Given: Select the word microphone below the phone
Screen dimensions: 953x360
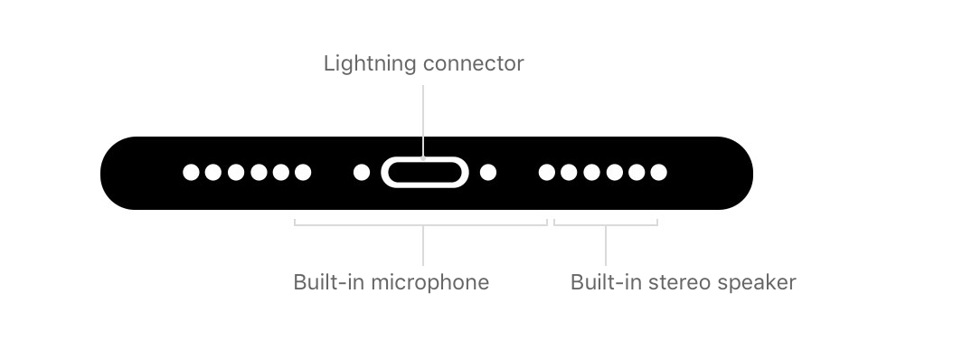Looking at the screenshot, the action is tap(429, 283).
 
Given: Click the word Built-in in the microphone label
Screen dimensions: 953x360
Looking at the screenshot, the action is tap(329, 282).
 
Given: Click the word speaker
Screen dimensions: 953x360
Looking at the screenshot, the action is tap(757, 283).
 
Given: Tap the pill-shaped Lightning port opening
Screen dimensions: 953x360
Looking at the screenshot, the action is tap(425, 173).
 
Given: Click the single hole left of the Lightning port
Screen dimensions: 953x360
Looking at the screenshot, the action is tap(362, 173).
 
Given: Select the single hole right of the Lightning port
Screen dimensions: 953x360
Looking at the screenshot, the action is tap(488, 173).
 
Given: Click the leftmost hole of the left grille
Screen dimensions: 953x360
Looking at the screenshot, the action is tap(191, 173).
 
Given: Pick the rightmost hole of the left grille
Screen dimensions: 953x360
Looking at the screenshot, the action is tap(303, 173).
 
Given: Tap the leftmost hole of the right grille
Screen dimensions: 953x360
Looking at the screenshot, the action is tap(546, 173).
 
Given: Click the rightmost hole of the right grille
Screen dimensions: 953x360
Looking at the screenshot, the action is tap(659, 173).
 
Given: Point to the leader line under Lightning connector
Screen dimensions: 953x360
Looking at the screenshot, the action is tap(423, 121).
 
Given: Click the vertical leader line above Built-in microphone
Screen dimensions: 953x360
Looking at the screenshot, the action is tap(423, 245).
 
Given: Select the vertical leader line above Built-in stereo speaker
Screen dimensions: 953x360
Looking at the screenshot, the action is tap(606, 245).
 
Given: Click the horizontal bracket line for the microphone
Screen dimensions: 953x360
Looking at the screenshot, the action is tap(420, 225).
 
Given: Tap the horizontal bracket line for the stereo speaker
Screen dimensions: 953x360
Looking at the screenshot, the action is tap(606, 225).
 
